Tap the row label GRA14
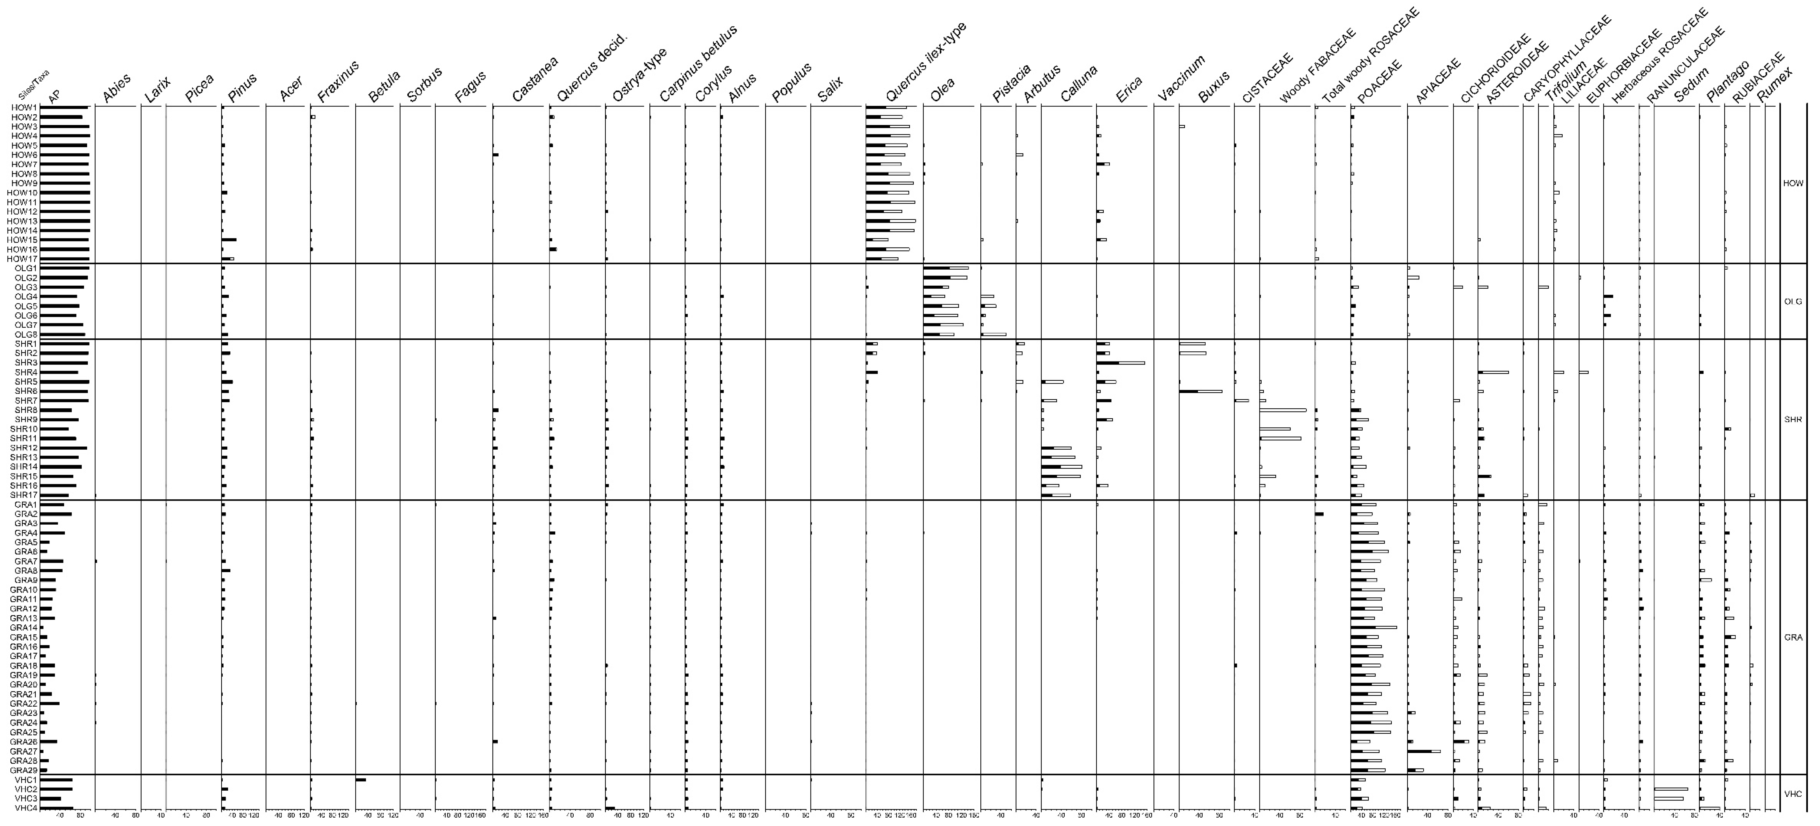coord(23,627)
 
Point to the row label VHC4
coord(26,808)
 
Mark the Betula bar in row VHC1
coord(360,779)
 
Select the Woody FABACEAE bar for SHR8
coord(1282,410)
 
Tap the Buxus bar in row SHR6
coord(1200,391)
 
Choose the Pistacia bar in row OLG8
coord(993,334)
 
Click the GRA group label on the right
coord(1793,637)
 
